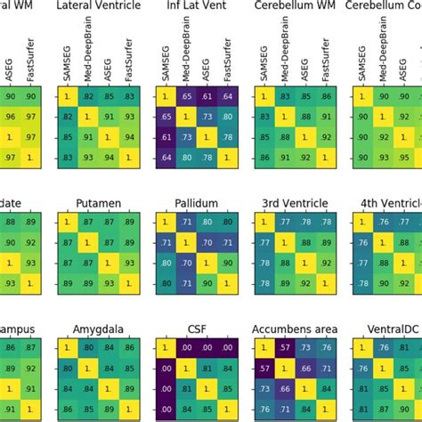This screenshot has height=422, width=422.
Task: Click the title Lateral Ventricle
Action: (100, 6)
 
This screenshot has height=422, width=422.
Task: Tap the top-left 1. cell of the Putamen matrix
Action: (69, 221)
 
